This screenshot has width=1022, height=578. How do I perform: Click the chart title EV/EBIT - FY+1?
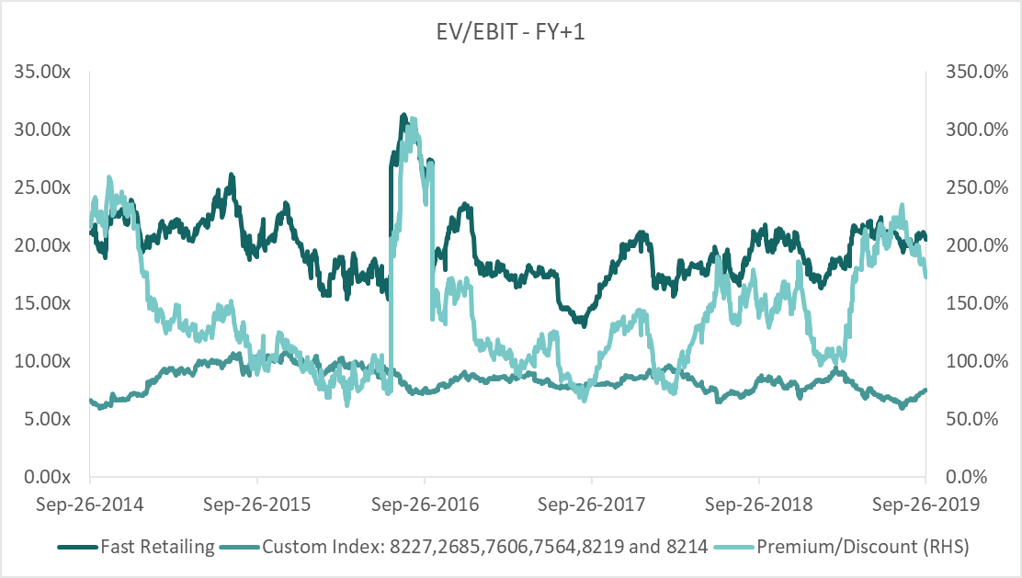[x=510, y=34]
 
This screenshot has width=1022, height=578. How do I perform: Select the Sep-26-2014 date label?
[x=90, y=504]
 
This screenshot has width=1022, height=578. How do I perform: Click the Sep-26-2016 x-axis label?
[x=425, y=504]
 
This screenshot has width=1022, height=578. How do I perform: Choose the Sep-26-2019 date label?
[x=925, y=504]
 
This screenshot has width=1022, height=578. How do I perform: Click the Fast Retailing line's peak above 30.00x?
[x=403, y=116]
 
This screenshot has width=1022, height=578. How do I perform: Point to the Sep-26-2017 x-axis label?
[x=592, y=504]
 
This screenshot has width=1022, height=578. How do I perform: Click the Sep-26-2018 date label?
[x=759, y=504]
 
